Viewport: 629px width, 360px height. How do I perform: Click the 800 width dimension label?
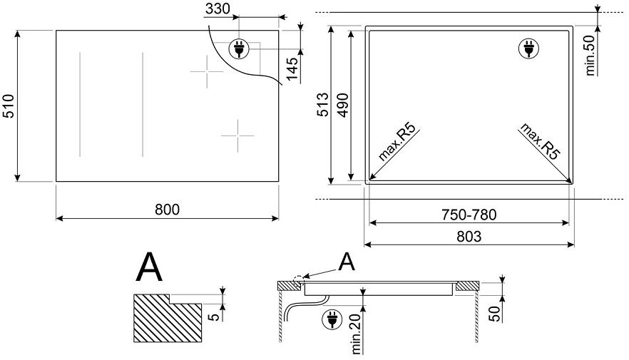[x=168, y=210]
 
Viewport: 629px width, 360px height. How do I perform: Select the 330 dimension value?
[x=218, y=9]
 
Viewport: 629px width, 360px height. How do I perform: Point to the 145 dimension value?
[x=293, y=68]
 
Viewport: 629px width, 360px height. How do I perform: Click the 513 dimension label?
[x=322, y=104]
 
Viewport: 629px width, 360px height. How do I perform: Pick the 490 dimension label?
[x=342, y=105]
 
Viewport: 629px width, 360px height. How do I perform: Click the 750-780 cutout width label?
[x=469, y=215]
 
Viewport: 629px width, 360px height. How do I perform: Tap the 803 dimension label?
[x=469, y=237]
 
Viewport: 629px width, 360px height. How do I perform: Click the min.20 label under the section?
[x=357, y=334]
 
